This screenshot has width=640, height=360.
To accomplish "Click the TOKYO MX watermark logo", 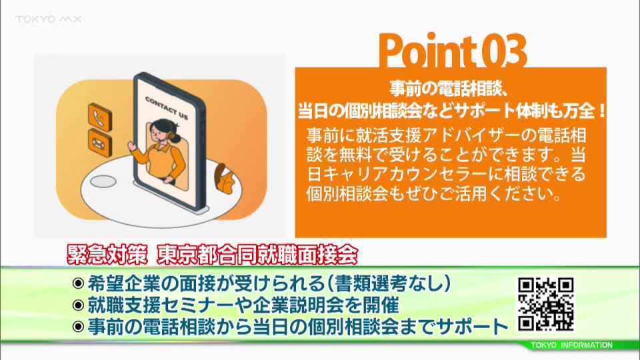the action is (x=49, y=19).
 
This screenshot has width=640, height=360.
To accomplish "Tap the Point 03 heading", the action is (x=453, y=51).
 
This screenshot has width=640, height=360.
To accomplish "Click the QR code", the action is (x=546, y=304).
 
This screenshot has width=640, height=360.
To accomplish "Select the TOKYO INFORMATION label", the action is (x=571, y=345).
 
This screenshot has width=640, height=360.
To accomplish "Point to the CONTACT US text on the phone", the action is (x=167, y=108).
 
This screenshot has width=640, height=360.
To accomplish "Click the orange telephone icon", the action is (x=99, y=117).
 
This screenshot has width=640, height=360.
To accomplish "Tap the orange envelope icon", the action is (x=99, y=143).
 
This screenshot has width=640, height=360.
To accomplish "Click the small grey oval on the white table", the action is (x=103, y=181).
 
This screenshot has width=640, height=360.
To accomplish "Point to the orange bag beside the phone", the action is (x=225, y=179).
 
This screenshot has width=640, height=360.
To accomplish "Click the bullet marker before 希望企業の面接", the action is (x=78, y=283).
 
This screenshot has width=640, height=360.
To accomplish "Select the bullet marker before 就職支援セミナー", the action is (x=78, y=305).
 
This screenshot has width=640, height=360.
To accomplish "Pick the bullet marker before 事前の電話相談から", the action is (x=78, y=327).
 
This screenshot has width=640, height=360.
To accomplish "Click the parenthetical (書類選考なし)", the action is (x=389, y=283).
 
